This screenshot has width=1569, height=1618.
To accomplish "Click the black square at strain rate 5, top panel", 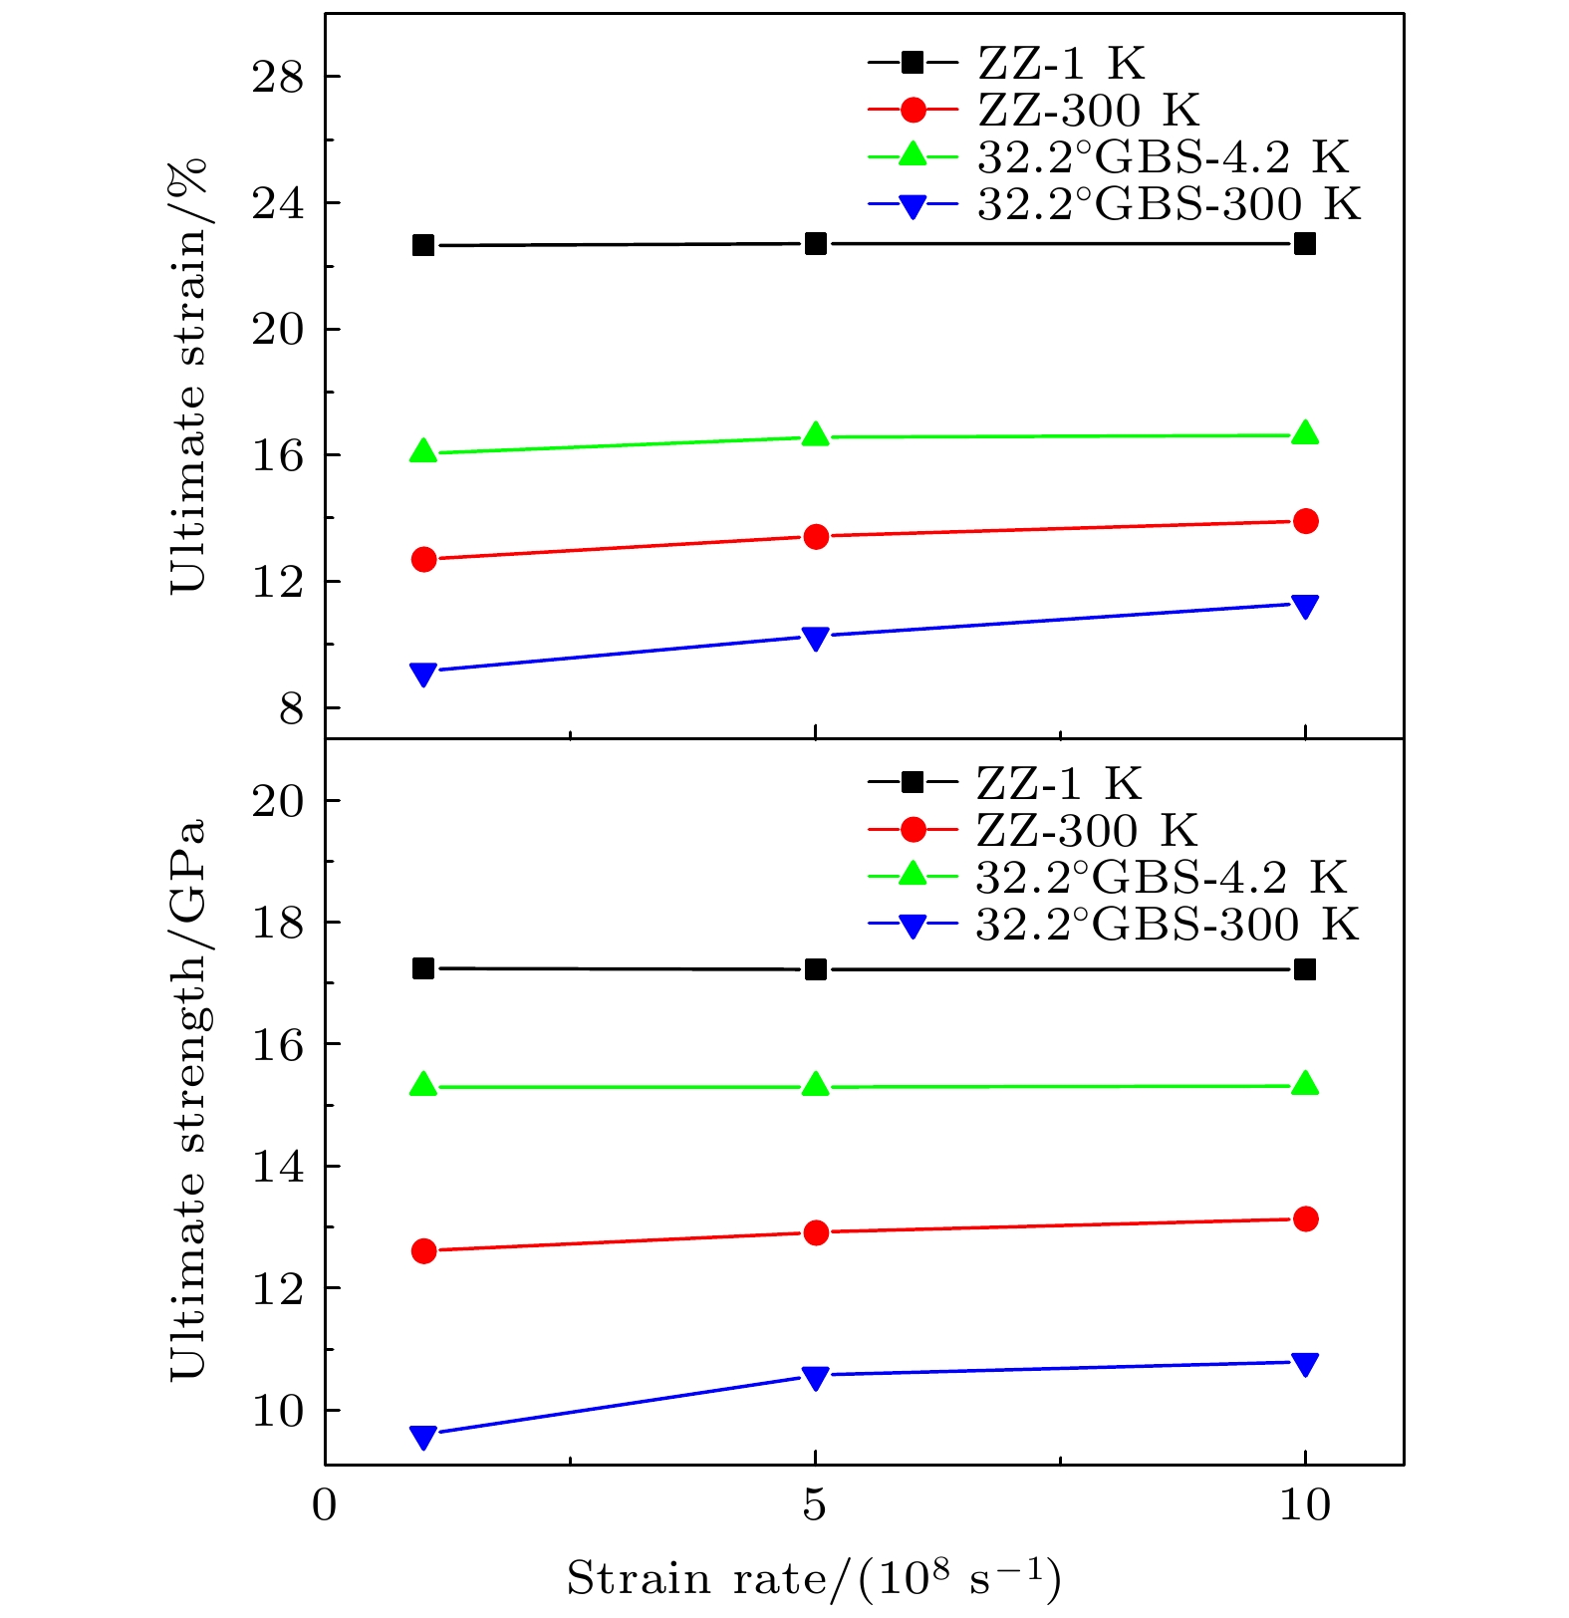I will click(816, 244).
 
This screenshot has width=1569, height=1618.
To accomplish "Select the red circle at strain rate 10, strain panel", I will click(1305, 521).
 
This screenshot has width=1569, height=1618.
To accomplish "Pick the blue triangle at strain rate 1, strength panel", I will click(423, 1436).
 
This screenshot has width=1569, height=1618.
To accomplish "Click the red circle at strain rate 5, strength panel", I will click(816, 1232).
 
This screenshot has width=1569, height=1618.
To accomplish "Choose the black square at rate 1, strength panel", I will click(423, 968).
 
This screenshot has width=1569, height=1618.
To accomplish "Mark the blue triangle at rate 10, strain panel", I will click(1305, 606).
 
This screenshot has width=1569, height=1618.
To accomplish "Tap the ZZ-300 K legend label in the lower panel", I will click(1087, 831).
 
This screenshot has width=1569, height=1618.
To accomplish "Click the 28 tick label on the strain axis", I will click(277, 77).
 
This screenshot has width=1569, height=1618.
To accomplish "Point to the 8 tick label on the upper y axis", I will click(291, 708).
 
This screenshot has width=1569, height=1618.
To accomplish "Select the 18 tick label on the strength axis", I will click(277, 923).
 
